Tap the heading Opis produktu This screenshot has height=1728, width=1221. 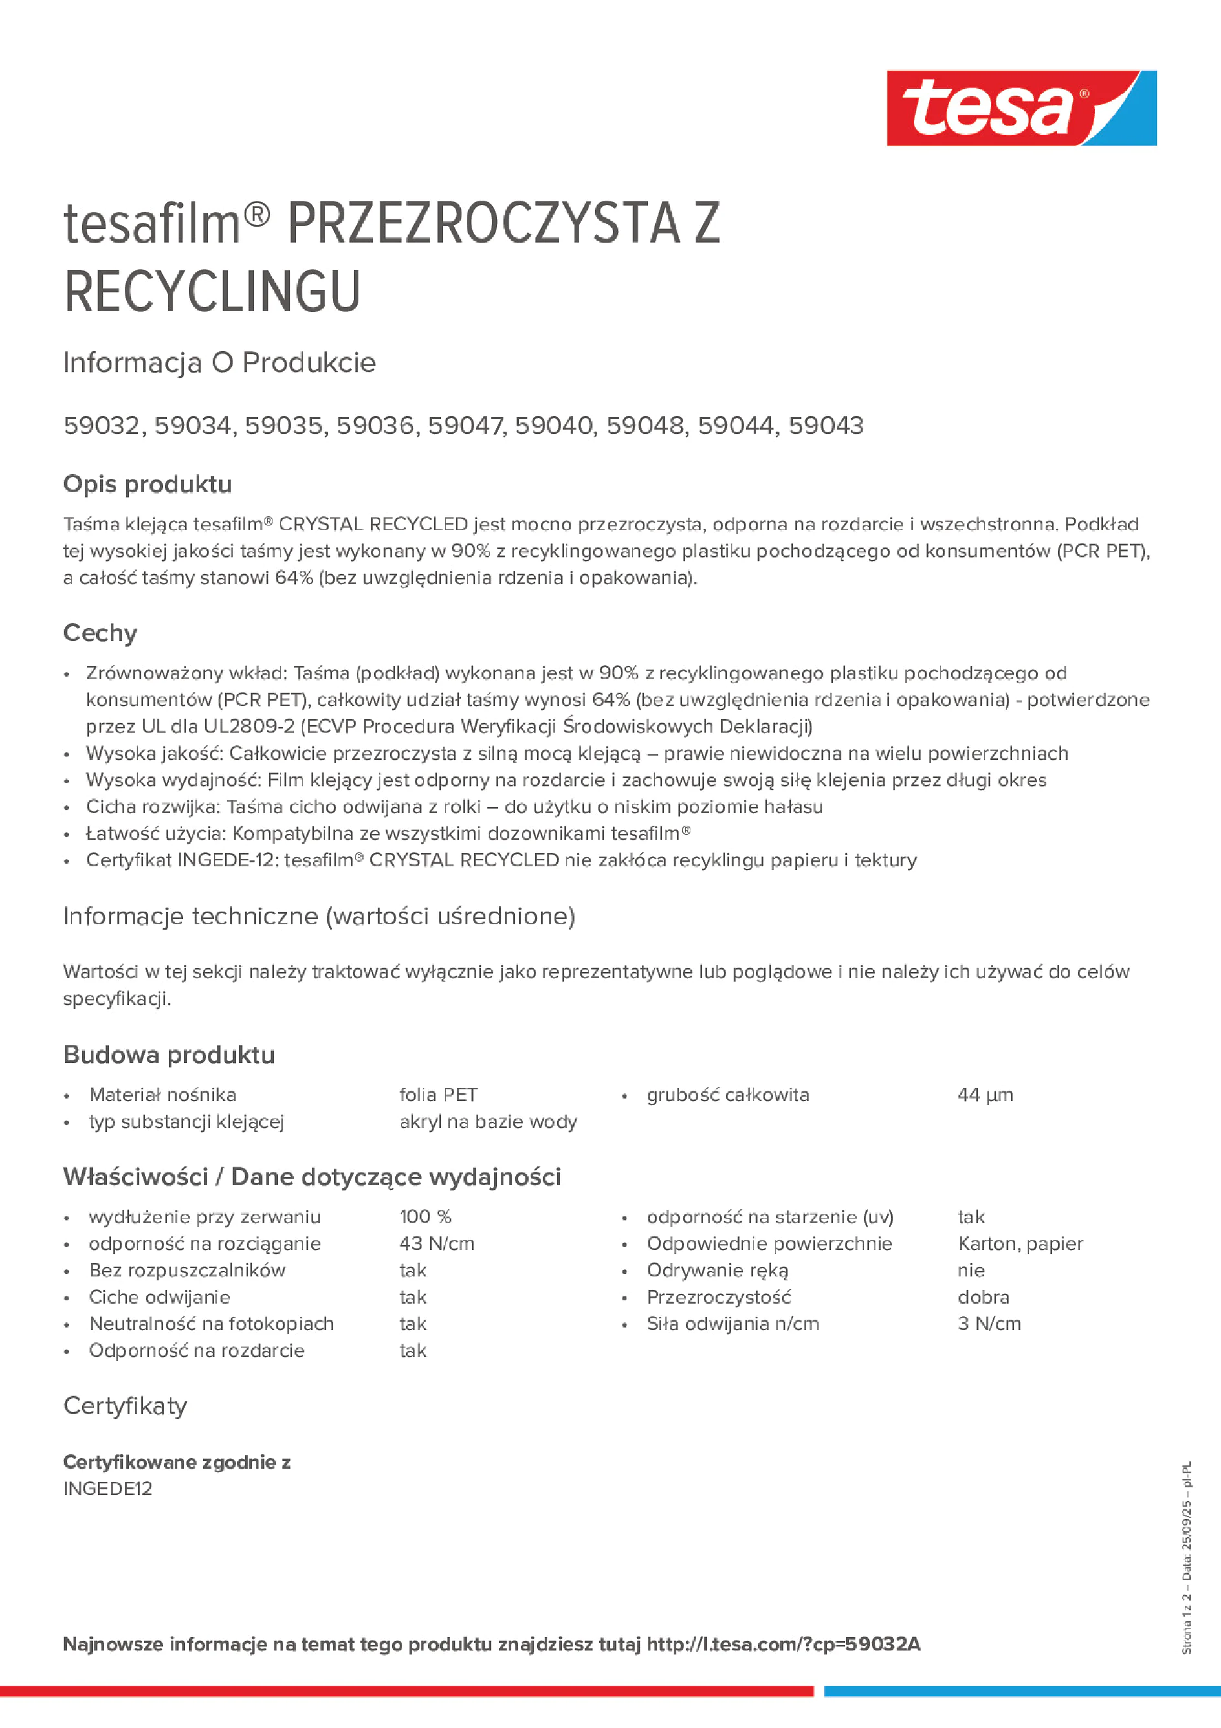(x=148, y=484)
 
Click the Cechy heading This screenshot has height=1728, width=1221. (x=100, y=633)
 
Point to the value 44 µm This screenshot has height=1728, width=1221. (x=985, y=1095)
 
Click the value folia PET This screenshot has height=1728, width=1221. (x=438, y=1095)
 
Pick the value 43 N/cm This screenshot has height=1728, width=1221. (x=437, y=1243)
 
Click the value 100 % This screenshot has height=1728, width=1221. (x=425, y=1217)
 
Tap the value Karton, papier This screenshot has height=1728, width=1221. (x=1020, y=1243)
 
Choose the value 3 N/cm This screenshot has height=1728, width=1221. (x=989, y=1324)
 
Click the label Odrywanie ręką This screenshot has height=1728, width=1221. (x=718, y=1271)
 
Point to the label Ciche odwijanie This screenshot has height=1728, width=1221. (x=160, y=1296)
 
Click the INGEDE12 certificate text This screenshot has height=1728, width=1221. (x=107, y=1489)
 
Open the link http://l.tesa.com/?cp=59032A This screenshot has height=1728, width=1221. (x=783, y=1645)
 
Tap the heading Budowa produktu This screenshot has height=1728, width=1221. (x=169, y=1055)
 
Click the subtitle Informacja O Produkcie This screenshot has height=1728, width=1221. (x=219, y=363)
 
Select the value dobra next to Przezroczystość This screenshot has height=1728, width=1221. (x=983, y=1296)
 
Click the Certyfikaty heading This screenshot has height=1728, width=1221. (x=125, y=1405)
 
